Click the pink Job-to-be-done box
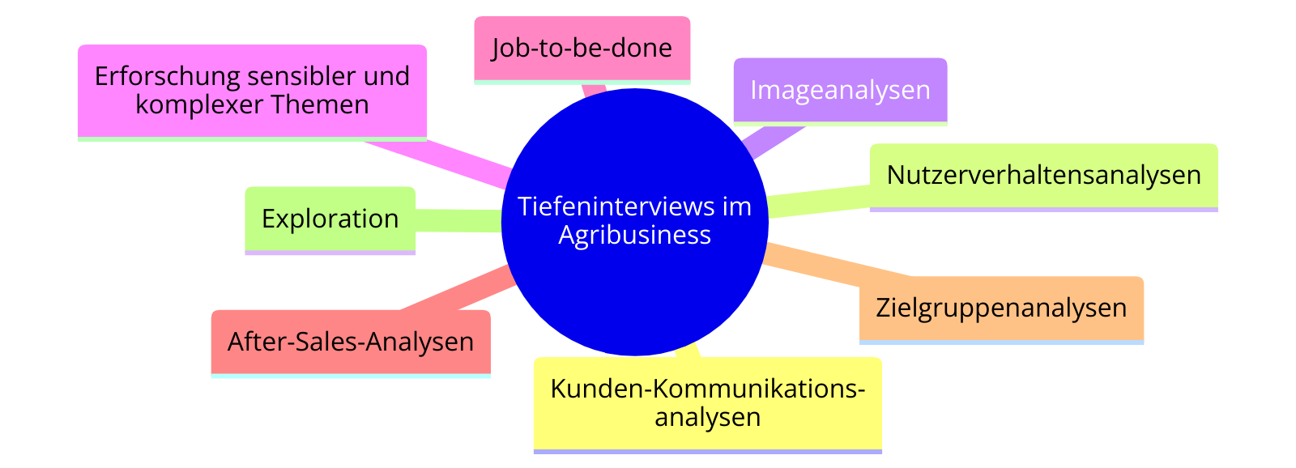pos(582,50)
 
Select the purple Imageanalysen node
pos(840,92)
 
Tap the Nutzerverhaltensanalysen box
pos(1044,177)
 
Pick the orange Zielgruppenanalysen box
pos(1001,310)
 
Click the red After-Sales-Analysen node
pos(351,344)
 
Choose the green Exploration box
pos(330,220)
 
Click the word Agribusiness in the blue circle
pos(635,236)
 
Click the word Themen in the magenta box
pos(320,104)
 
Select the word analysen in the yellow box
pos(708,417)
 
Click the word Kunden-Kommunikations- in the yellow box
pos(708,388)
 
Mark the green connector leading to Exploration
pos(458,220)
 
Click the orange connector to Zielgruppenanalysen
pos(838,265)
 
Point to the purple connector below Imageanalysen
pos(774,143)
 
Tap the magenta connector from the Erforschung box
pos(438,163)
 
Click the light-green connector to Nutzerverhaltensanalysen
pos(819,202)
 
